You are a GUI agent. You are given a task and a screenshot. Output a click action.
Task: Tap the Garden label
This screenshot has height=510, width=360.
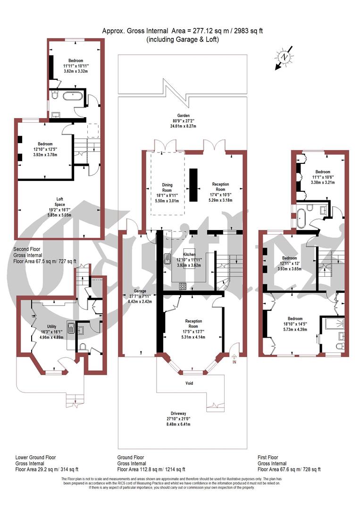pyautogui.click(x=183, y=115)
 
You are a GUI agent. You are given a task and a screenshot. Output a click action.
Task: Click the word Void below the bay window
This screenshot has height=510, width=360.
pyautogui.click(x=189, y=383)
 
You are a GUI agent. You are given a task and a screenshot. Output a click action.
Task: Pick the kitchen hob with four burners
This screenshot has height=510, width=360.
pyautogui.click(x=182, y=286)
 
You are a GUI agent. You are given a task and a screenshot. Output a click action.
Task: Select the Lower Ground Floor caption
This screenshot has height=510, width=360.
pyautogui.click(x=35, y=458)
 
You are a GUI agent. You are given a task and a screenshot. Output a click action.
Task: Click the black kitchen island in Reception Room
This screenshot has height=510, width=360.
pyautogui.click(x=193, y=184)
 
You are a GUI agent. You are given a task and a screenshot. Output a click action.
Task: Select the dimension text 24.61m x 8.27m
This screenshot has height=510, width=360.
pyautogui.click(x=183, y=127)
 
